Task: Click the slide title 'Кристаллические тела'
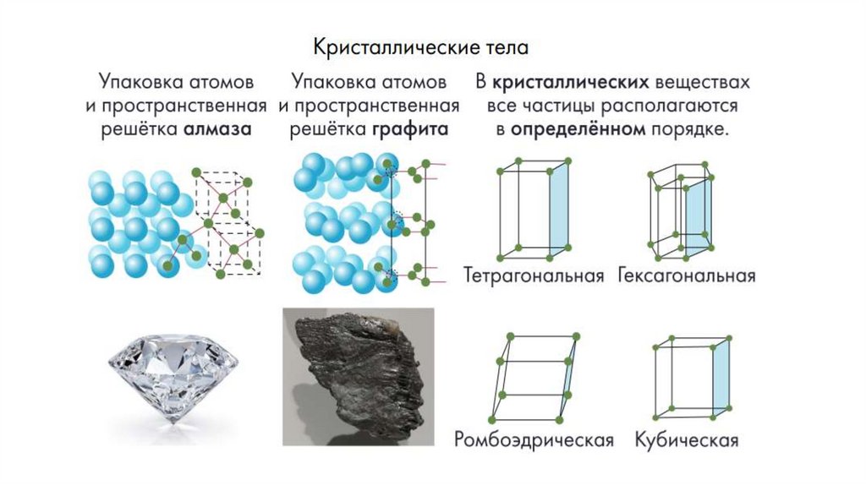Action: pos(420,46)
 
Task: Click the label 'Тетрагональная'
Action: pos(534,276)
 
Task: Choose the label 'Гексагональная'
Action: pos(686,276)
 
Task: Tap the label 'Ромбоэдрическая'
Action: pos(533,440)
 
